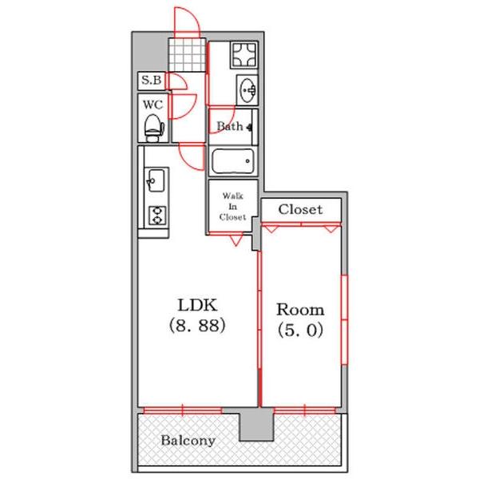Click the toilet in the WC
pyautogui.click(x=154, y=129)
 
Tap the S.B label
pyautogui.click(x=151, y=80)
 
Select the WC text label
pyautogui.click(x=152, y=105)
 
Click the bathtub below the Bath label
pyautogui.click(x=233, y=161)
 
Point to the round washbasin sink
pyautogui.click(x=248, y=90)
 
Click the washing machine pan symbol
pyautogui.click(x=244, y=55)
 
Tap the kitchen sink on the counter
pyautogui.click(x=156, y=180)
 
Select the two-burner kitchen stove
pyautogui.click(x=157, y=216)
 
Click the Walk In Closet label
pyautogui.click(x=233, y=206)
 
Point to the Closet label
pyautogui.click(x=300, y=209)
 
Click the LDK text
pyautogui.click(x=198, y=305)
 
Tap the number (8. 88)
pyautogui.click(x=197, y=325)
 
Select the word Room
pyautogui.click(x=300, y=310)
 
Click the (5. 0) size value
pyautogui.click(x=300, y=330)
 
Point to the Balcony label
pyautogui.click(x=188, y=441)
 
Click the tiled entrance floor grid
pyautogui.click(x=187, y=55)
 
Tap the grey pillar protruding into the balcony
pyautogui.click(x=256, y=425)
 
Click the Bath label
pyautogui.click(x=230, y=126)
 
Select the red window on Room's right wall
pyautogui.click(x=344, y=320)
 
